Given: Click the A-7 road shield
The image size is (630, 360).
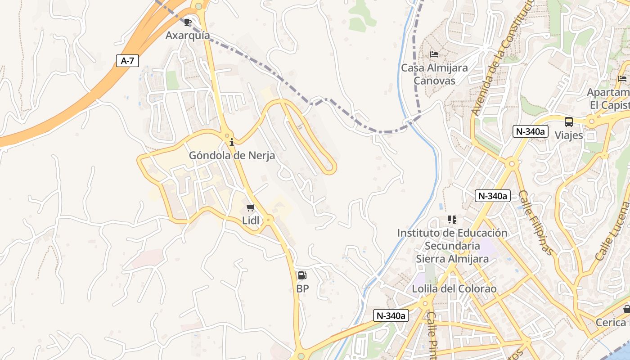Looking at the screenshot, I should (127, 61).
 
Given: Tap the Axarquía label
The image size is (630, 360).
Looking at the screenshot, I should (188, 35).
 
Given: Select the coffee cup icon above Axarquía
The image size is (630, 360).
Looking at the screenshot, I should (188, 22).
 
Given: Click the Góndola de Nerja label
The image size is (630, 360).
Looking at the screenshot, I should (232, 156).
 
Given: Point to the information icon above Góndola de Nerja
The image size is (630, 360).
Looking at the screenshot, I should (232, 143).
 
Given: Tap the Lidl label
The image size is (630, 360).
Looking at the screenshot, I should (251, 220).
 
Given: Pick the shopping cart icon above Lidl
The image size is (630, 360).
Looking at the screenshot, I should (251, 207).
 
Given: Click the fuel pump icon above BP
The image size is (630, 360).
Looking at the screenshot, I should (302, 275).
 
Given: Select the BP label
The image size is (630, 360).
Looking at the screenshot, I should (302, 288).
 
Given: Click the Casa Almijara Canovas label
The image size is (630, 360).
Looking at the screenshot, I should (434, 74).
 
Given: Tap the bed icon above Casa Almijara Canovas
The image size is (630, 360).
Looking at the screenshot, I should (434, 54).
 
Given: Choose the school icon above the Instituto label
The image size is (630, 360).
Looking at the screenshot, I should (452, 220).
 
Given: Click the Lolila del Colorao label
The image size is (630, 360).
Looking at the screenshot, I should (454, 288).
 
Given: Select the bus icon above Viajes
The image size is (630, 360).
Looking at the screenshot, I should (569, 121).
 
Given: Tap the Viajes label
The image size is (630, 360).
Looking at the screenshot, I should (569, 135).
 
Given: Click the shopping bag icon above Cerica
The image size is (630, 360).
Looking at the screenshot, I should (626, 309).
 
